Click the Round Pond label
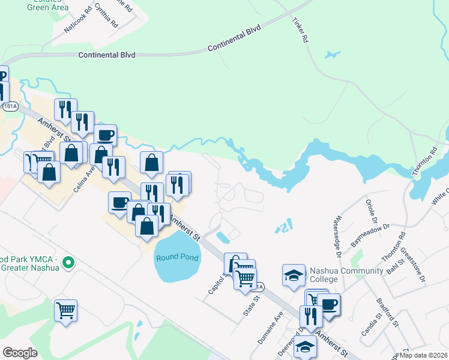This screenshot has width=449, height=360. (177, 258)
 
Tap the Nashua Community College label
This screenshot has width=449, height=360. (346, 275)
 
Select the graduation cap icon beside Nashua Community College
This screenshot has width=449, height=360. (294, 275)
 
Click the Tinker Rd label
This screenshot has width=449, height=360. (300, 29)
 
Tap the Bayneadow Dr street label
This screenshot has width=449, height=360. (370, 233)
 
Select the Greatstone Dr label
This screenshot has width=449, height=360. (412, 258)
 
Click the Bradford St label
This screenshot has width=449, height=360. (388, 313)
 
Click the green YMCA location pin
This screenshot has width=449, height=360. (68, 262)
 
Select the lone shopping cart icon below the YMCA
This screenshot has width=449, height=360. (65, 311)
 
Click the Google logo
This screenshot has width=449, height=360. (20, 353)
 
